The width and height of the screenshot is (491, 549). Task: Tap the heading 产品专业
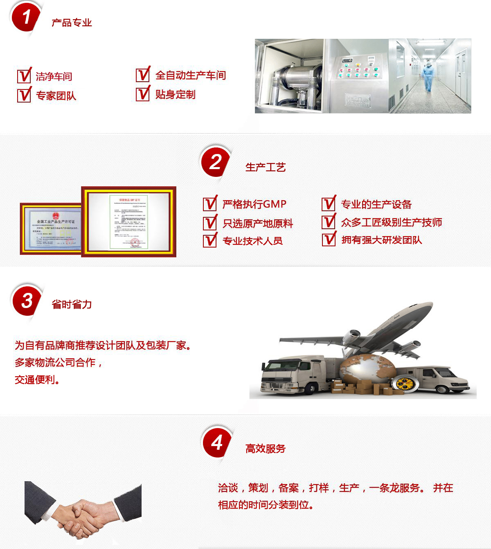tap(72, 23)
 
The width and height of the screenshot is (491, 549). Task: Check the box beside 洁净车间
tap(24, 76)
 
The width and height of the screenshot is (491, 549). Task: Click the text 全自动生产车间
tap(190, 75)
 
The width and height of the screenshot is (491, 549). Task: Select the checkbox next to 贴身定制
tap(142, 94)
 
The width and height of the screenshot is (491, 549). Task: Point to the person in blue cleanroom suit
tap(428, 76)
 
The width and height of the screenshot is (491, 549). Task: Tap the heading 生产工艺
tap(265, 167)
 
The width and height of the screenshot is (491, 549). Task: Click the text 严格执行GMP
tap(254, 204)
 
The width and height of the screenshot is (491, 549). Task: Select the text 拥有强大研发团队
tap(381, 240)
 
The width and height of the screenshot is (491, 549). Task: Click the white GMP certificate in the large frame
tap(129, 221)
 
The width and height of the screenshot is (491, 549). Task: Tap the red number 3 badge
tap(27, 301)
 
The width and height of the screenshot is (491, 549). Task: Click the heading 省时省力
tap(72, 304)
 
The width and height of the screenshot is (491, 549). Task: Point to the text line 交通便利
tap(37, 379)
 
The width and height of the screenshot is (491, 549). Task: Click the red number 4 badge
tap(217, 442)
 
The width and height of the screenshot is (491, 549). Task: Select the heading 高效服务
tap(265, 449)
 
